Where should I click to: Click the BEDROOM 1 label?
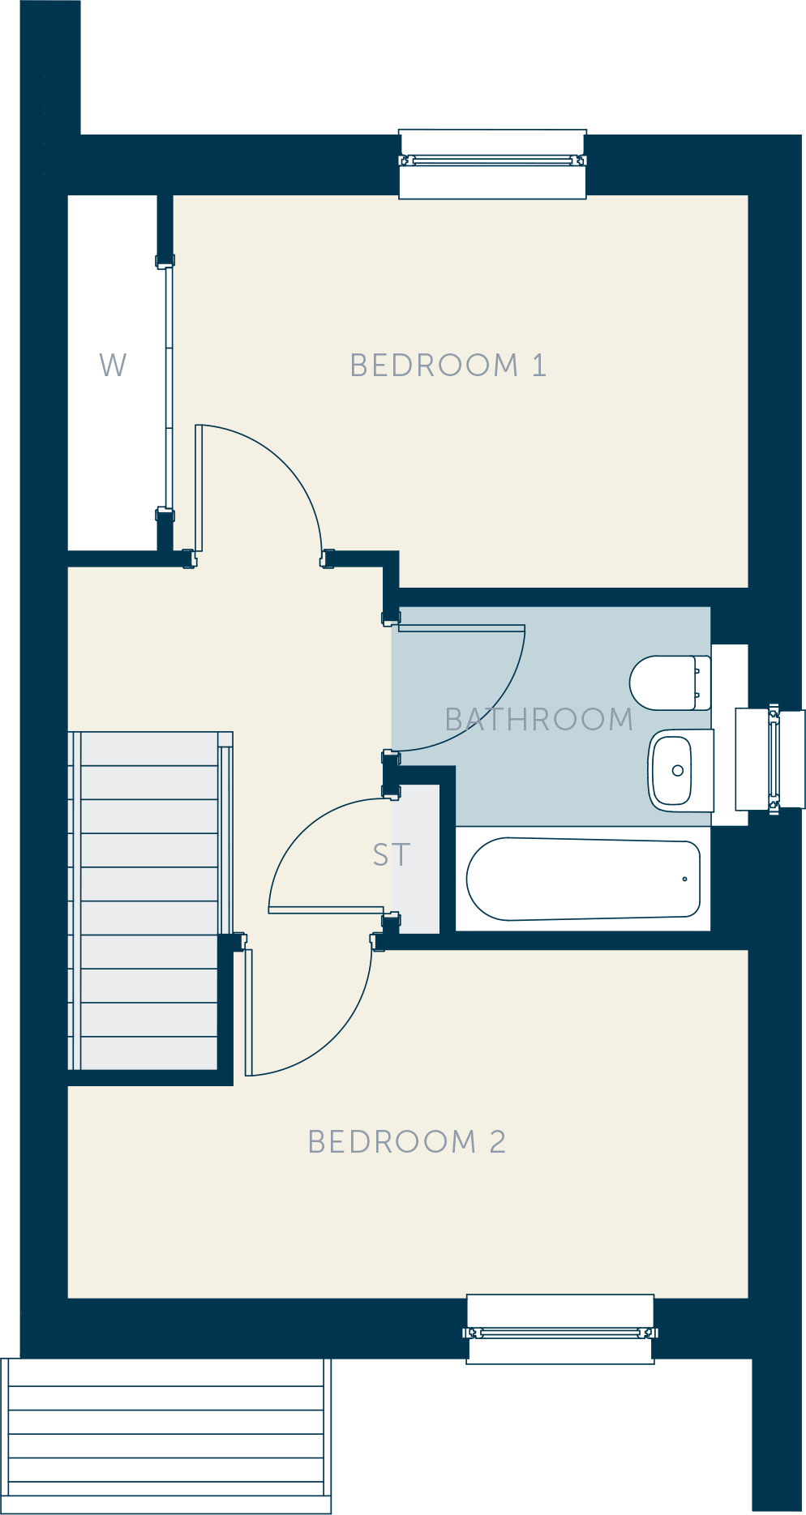(448, 366)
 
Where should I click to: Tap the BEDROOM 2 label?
(407, 1142)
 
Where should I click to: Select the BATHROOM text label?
(539, 720)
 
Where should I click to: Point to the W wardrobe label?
(114, 366)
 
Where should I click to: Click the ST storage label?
(392, 855)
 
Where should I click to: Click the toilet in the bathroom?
(670, 683)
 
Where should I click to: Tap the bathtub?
(583, 879)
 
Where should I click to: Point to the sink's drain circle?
(678, 771)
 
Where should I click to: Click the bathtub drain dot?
(685, 879)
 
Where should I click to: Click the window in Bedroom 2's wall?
(560, 1329)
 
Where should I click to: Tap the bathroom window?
(770, 759)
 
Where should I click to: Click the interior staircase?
(150, 901)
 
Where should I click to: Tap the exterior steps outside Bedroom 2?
(166, 1436)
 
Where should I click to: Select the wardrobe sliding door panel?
(169, 388)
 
